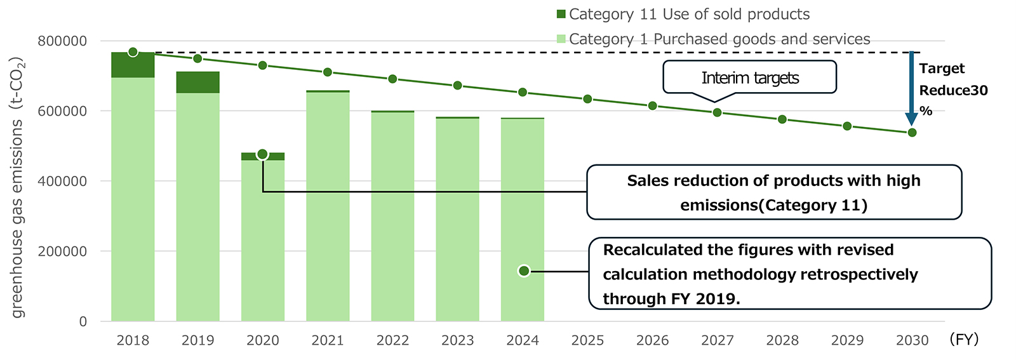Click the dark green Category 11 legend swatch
coord(561,15)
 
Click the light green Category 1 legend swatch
coord(561,39)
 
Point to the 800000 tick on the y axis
coord(62,41)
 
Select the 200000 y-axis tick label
coord(62,251)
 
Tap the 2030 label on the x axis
coord(912,341)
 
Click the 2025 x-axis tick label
coord(587,341)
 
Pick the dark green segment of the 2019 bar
coord(197,83)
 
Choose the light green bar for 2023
coord(457,219)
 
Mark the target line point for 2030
coord(912,133)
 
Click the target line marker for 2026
coord(652,105)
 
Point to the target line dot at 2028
coord(782,119)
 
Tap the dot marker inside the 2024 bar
coord(524,271)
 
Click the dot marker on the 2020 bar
coord(262,154)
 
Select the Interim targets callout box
coord(749,77)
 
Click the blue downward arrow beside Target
coord(911,89)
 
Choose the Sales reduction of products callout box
coord(773,192)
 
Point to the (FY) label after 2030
coord(964,340)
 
